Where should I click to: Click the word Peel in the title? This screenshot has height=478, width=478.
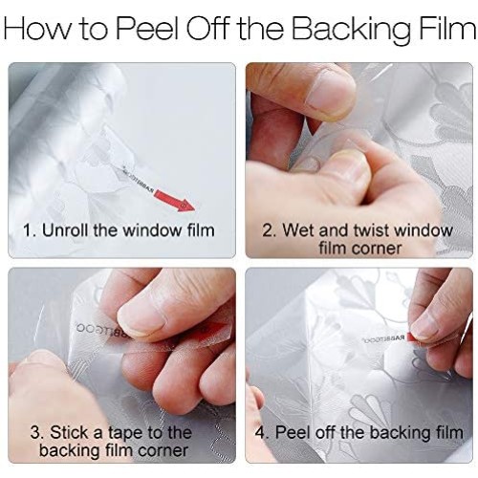[x=148, y=28]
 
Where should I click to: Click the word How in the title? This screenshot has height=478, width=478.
[x=39, y=28]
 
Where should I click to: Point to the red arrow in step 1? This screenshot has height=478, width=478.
[x=175, y=201]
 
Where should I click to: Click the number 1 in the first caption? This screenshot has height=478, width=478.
[x=27, y=230]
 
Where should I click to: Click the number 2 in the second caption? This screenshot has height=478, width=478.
[x=267, y=230]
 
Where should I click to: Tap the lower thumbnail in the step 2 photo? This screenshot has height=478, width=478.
[x=350, y=165]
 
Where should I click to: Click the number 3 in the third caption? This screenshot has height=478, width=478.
[x=35, y=432]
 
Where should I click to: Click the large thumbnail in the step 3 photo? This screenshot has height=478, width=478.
[x=141, y=317]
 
